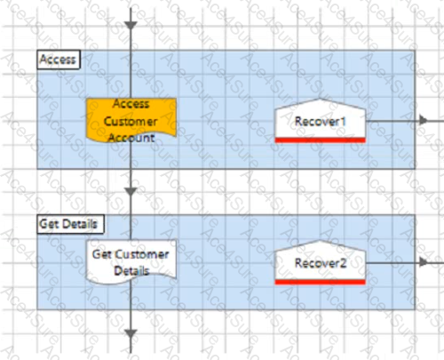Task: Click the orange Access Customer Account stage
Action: pyautogui.click(x=131, y=121)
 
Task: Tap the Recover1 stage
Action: pyautogui.click(x=321, y=121)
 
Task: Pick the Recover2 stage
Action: pyautogui.click(x=321, y=262)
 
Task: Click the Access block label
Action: pyautogui.click(x=59, y=60)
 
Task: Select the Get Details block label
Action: pyautogui.click(x=70, y=224)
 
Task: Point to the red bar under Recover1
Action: pyautogui.click(x=321, y=140)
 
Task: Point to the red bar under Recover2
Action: pyautogui.click(x=321, y=282)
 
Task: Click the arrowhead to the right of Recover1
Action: pyautogui.click(x=424, y=120)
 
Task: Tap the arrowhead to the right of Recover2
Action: pyautogui.click(x=424, y=262)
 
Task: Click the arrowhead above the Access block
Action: pyautogui.click(x=131, y=26)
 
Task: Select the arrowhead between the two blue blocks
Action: pyautogui.click(x=131, y=191)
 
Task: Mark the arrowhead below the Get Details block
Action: pyautogui.click(x=131, y=333)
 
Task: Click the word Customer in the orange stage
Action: pyautogui.click(x=131, y=122)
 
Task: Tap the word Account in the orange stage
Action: pyautogui.click(x=131, y=138)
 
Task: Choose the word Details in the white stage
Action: pyautogui.click(x=131, y=271)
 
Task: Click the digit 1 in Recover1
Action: pyautogui.click(x=343, y=121)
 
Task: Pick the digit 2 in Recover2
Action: pyautogui.click(x=343, y=263)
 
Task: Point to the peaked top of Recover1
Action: pyautogui.click(x=321, y=100)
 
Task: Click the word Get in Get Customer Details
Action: pyautogui.click(x=102, y=254)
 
